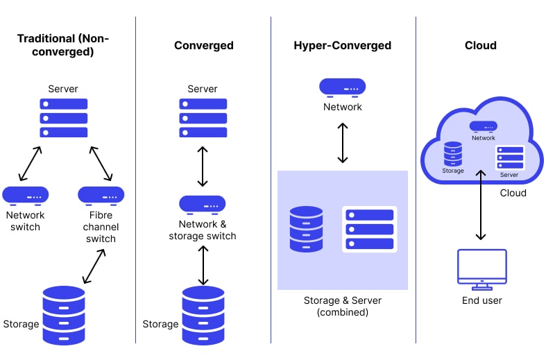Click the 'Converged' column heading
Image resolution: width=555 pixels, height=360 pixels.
click(x=203, y=46)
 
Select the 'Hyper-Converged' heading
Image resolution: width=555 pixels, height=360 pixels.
click(x=342, y=46)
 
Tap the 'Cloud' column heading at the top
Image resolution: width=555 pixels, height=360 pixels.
click(x=480, y=46)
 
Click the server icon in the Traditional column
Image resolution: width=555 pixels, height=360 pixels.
click(x=64, y=117)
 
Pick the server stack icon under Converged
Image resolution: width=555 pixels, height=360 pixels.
click(x=203, y=117)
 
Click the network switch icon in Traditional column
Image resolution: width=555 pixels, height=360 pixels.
click(x=25, y=196)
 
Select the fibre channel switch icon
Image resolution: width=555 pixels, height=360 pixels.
click(x=101, y=196)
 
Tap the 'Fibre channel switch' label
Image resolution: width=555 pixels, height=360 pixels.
click(x=101, y=228)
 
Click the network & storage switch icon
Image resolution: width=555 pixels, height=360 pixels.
click(x=203, y=205)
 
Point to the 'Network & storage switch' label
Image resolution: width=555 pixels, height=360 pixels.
click(x=203, y=230)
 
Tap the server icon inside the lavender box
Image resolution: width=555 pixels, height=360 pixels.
click(x=369, y=229)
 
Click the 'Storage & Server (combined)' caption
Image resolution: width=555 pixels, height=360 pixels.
click(x=342, y=307)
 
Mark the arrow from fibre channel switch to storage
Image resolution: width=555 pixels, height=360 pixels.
click(x=94, y=266)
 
